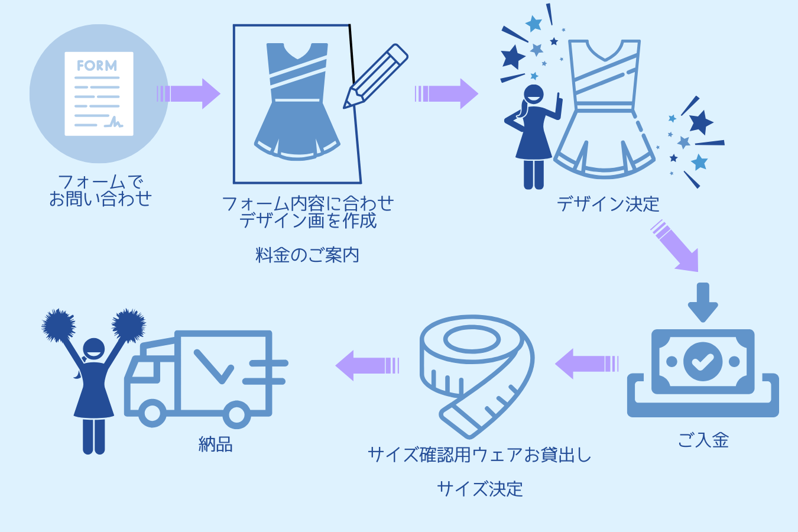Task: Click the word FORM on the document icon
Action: (x=97, y=66)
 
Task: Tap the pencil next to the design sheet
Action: (x=376, y=76)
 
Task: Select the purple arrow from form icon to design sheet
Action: (x=189, y=93)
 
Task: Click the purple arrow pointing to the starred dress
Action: (x=447, y=93)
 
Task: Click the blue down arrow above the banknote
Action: (x=703, y=302)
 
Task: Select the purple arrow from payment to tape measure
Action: (x=586, y=364)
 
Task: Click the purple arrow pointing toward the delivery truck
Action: (x=367, y=365)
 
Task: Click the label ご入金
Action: (x=703, y=440)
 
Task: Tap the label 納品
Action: (x=216, y=444)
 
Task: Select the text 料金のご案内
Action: (x=307, y=255)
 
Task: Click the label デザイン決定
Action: (x=608, y=204)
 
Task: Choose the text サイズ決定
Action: (x=480, y=489)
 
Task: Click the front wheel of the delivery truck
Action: (x=152, y=414)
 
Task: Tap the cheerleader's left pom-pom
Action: (x=59, y=325)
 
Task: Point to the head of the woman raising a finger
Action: (x=534, y=95)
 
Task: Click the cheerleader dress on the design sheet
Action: (x=297, y=100)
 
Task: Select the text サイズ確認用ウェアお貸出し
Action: (x=479, y=455)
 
